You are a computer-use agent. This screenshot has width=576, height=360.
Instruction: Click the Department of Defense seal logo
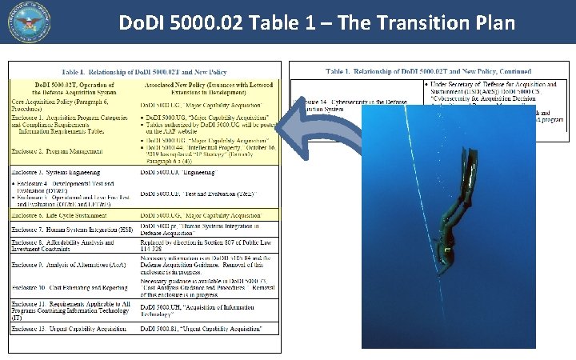[x=30, y=22]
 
